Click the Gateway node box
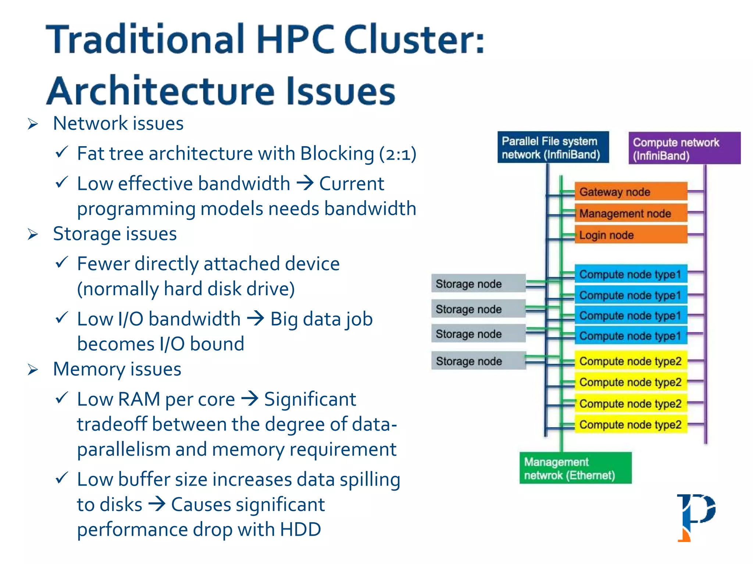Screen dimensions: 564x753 tap(631, 192)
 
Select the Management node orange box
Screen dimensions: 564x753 tap(631, 213)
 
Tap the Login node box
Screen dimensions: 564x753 tap(631, 235)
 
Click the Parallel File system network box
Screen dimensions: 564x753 tap(553, 148)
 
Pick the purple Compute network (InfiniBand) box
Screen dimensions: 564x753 tap(684, 148)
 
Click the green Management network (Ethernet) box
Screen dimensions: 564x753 tap(575, 468)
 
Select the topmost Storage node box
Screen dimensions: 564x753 tap(478, 283)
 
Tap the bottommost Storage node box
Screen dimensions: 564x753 tap(478, 361)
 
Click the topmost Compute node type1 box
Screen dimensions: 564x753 tap(631, 274)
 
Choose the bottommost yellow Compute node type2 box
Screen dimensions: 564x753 tap(631, 425)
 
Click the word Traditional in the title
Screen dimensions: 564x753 tap(145, 39)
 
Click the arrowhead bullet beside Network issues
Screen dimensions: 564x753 tap(33, 124)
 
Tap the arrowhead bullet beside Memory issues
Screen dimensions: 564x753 tap(33, 370)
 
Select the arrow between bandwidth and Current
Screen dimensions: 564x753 tap(305, 182)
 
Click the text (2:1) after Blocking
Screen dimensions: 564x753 tap(398, 154)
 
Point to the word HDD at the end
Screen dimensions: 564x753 tap(300, 529)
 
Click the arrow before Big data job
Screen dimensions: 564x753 tap(256, 318)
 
